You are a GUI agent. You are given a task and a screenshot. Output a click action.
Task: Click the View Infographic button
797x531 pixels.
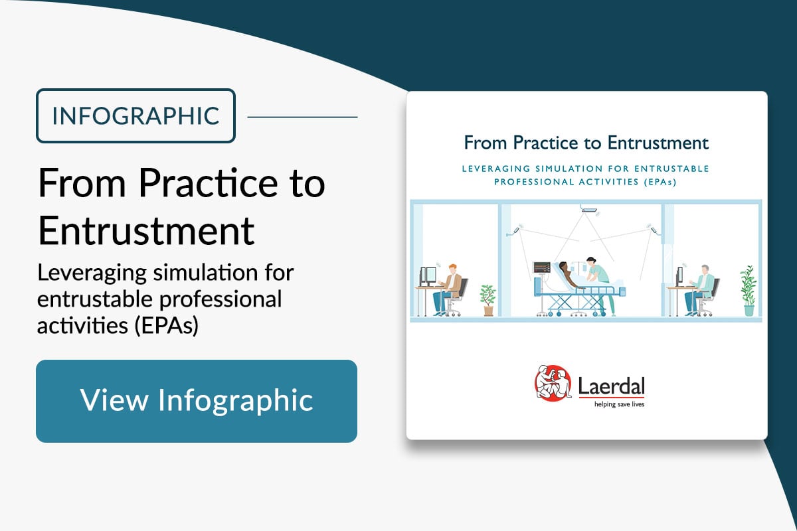coord(197,401)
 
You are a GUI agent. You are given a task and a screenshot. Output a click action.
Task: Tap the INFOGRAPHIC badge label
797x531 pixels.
coord(135,116)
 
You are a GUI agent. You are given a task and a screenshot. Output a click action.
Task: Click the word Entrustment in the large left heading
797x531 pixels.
coord(146,230)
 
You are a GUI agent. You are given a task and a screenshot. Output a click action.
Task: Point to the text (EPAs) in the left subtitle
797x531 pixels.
coord(167,325)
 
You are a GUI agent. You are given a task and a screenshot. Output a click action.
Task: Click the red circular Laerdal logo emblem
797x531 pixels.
coord(553,383)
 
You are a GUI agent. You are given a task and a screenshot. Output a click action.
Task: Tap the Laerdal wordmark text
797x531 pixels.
coord(611,386)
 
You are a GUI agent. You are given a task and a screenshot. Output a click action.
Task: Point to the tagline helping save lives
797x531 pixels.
coord(619,404)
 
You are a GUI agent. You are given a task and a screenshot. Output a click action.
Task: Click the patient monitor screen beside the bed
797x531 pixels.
coord(541,267)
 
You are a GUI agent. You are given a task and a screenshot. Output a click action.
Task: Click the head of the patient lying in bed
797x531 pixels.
coord(563,266)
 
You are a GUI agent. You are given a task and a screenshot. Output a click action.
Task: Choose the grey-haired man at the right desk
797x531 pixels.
coord(699,290)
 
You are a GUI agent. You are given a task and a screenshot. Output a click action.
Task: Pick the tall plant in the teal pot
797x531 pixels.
coord(749,291)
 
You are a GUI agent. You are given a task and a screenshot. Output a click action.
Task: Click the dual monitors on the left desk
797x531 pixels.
coord(428,276)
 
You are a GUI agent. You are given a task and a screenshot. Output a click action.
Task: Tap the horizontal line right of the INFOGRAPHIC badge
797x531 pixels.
coord(302,117)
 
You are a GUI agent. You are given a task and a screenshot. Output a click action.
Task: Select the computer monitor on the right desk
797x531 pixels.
coord(679,276)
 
